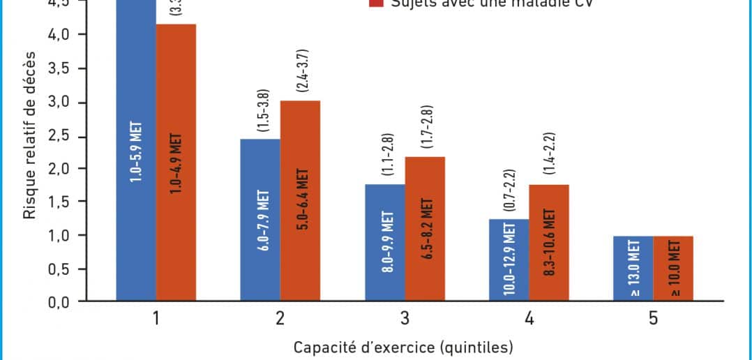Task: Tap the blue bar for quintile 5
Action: tap(633, 269)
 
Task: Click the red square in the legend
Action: tap(377, 3)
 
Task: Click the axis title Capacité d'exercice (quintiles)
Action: tap(404, 347)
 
